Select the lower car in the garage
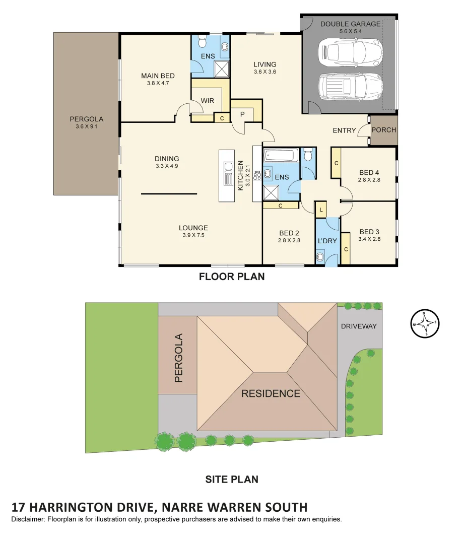coord(350,86)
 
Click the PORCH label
coord(384,130)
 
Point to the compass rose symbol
coord(425,323)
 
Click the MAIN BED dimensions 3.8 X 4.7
coord(158,84)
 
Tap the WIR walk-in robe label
coord(208,101)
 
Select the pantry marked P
coord(242,114)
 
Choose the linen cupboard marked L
coord(320,209)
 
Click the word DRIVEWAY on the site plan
coord(359,326)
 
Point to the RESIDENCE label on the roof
coord(271,393)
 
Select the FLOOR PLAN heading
coord(232,277)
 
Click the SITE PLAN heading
coord(232,479)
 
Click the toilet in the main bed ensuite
coord(202,40)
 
